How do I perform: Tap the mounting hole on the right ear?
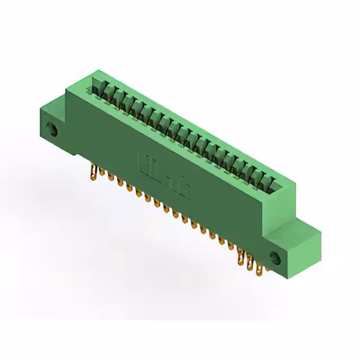(275, 258)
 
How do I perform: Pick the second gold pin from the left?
(101, 176)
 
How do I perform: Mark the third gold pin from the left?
(110, 181)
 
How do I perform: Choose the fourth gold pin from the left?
(120, 186)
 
